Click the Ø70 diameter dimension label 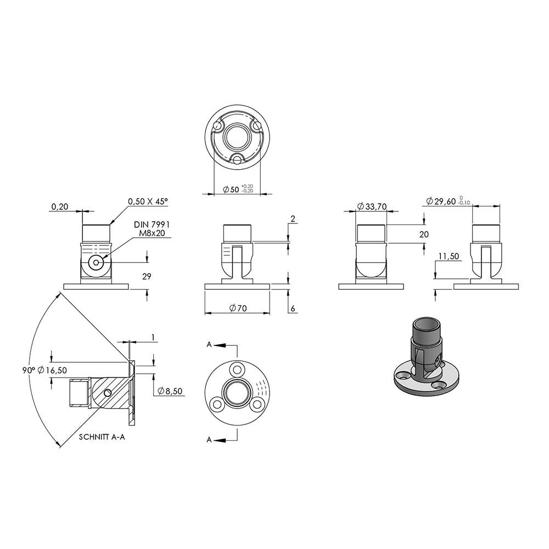point(238,308)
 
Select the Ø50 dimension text point(231,189)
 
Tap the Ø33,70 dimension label point(371,206)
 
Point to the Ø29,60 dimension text point(441,201)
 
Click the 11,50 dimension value point(449,256)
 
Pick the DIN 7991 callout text point(152,225)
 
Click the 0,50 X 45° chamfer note point(148,201)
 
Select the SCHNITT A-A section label point(102,437)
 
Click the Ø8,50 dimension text point(170,391)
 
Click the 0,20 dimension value point(60,206)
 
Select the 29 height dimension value point(147,276)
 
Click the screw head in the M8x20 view point(96,263)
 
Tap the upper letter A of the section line point(209,345)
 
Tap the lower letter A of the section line point(209,439)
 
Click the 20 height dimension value point(424,234)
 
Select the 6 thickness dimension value point(293,308)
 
